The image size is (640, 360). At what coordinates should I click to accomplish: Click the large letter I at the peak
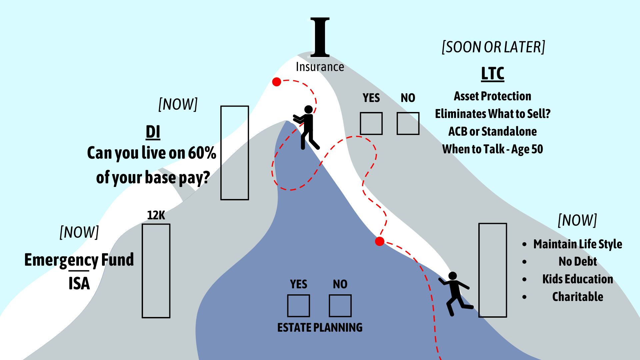tap(320, 37)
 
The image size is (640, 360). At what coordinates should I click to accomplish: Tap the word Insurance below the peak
tap(320, 67)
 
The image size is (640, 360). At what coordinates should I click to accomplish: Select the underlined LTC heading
tap(492, 74)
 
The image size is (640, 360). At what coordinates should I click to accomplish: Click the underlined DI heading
tap(153, 132)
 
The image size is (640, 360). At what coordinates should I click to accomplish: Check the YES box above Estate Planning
tap(298, 306)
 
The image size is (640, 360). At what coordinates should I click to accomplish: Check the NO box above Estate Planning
tap(340, 306)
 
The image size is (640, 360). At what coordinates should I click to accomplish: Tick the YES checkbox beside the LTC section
tap(371, 123)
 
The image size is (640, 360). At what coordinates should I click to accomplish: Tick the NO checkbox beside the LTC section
tap(408, 123)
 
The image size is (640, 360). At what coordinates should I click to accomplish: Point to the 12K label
tap(156, 215)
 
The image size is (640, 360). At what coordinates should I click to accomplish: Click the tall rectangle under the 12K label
tap(156, 271)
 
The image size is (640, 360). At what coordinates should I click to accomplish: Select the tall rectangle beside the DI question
tap(235, 153)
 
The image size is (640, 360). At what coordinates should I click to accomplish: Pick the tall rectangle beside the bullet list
tap(492, 270)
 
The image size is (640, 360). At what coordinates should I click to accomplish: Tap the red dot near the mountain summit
tap(276, 82)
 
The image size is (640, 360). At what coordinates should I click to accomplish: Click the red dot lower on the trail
tap(379, 241)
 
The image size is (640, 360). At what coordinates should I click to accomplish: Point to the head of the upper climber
tap(308, 109)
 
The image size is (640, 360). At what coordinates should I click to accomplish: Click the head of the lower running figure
tap(452, 276)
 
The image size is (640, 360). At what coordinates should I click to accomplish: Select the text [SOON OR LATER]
tap(493, 47)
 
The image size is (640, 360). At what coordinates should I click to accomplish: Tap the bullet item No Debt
tap(578, 262)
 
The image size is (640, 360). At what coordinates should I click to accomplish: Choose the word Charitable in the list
tap(578, 297)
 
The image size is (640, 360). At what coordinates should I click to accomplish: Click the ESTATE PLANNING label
tap(320, 328)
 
